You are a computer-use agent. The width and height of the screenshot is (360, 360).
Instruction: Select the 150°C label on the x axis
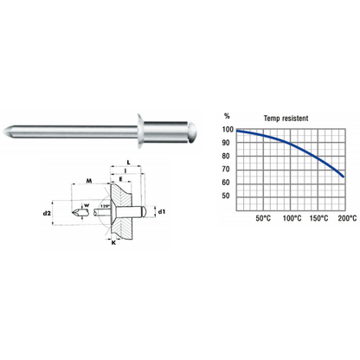[318, 217]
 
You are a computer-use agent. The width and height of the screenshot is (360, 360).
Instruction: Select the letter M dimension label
[90, 182]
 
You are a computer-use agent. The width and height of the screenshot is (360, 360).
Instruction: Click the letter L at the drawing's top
[129, 162]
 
